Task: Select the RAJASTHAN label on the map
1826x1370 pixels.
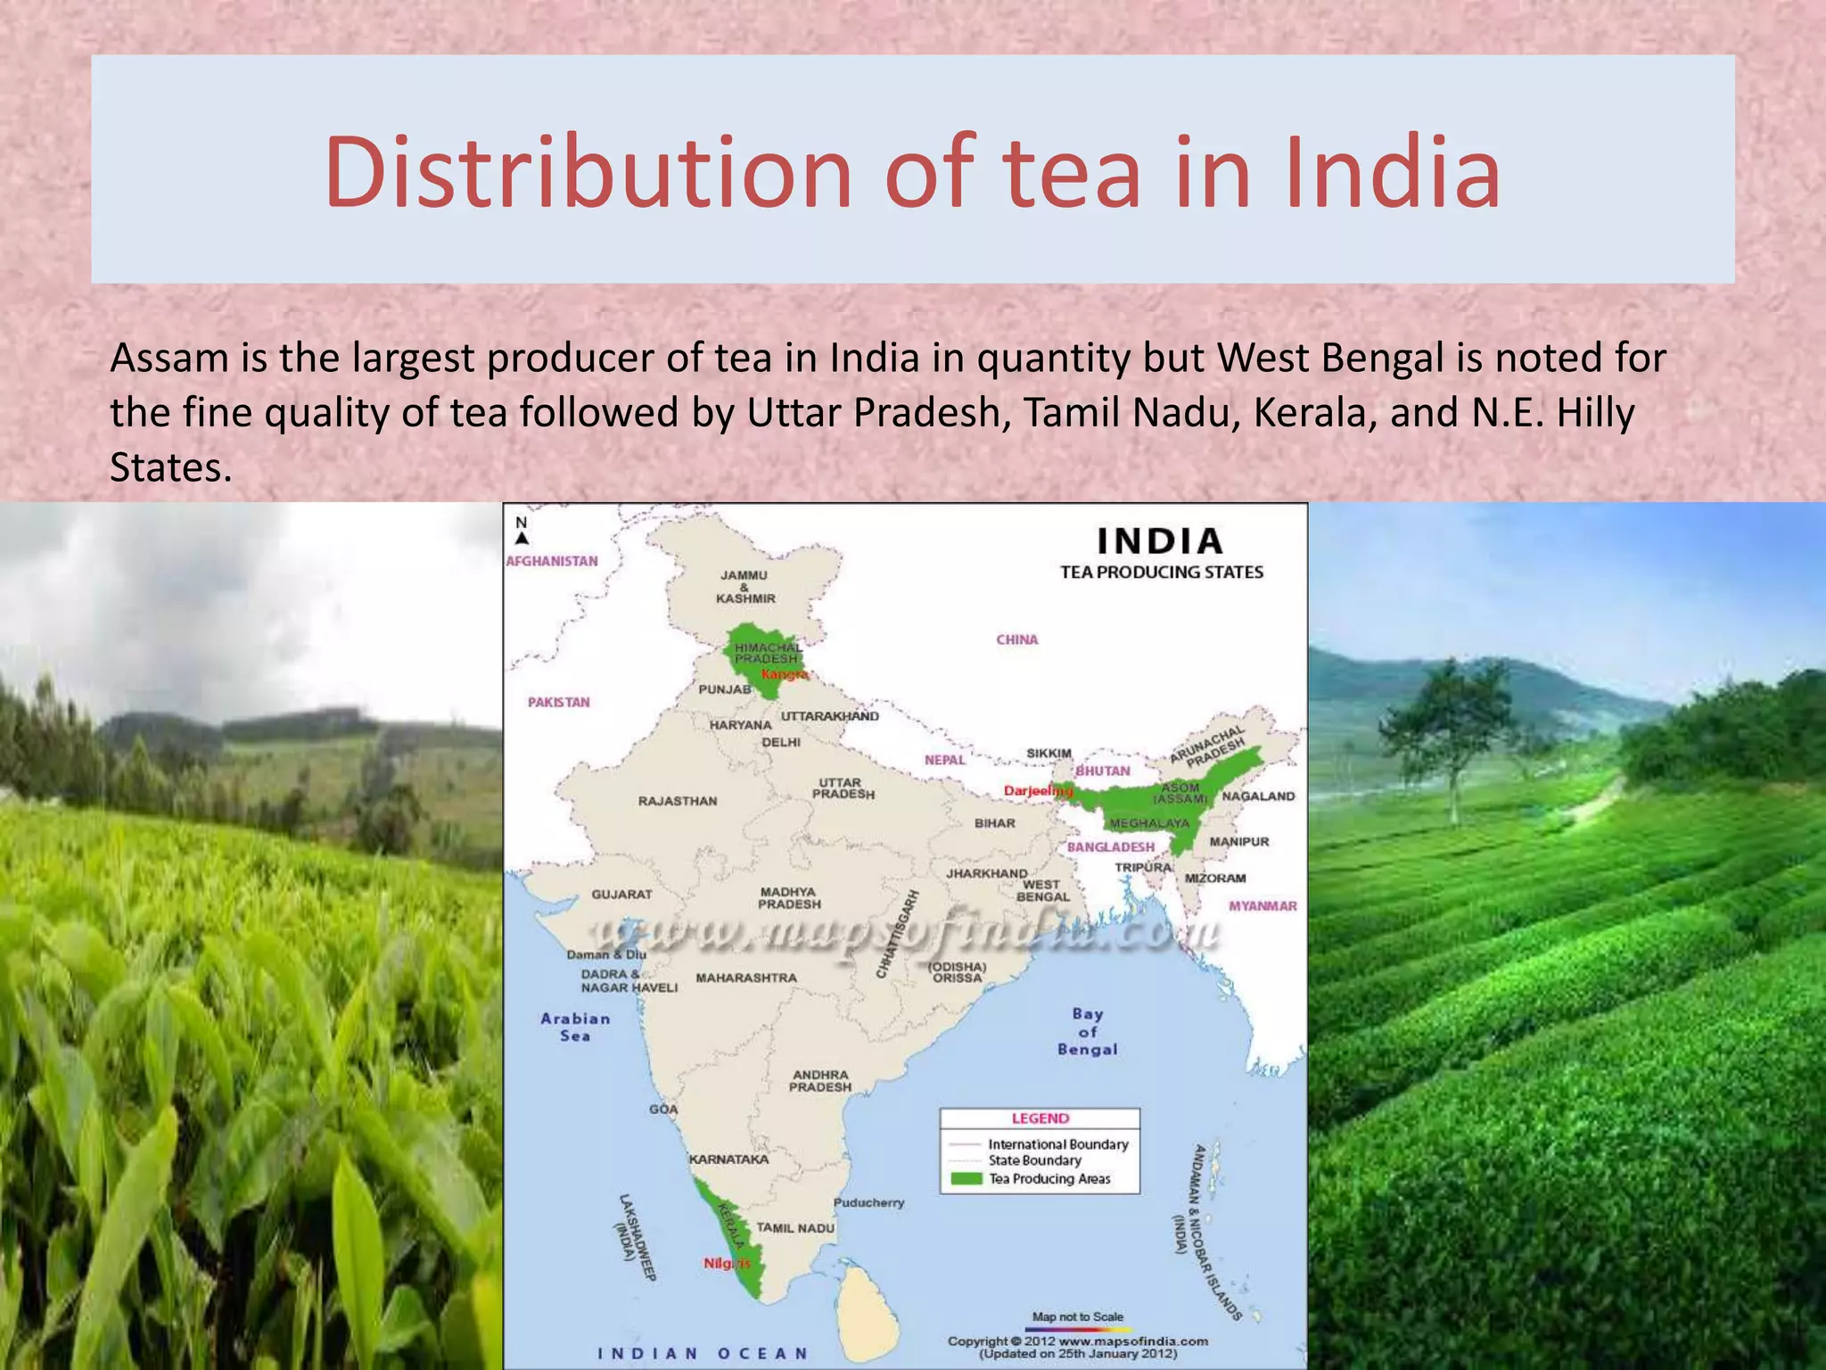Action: pos(677,801)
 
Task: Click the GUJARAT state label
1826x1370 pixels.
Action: pos(621,894)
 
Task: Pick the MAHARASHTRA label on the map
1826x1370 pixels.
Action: pos(746,978)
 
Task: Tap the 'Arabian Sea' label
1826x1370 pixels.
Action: pos(575,1027)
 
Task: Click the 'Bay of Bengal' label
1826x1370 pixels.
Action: pos(1087,1032)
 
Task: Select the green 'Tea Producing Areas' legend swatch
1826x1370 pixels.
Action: pos(966,1179)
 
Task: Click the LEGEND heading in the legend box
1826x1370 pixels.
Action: pos(1040,1118)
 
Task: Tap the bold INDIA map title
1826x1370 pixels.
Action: pos(1160,541)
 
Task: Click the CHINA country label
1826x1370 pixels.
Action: pos(1016,640)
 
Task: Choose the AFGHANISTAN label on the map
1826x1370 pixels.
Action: pos(552,561)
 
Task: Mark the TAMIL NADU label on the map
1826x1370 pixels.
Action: pos(795,1228)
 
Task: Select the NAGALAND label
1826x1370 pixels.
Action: pos(1257,796)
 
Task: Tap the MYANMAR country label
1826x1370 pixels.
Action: pos(1263,906)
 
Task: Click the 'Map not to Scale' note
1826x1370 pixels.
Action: pos(1077,1316)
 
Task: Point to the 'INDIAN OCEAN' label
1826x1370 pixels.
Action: pos(703,1354)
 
